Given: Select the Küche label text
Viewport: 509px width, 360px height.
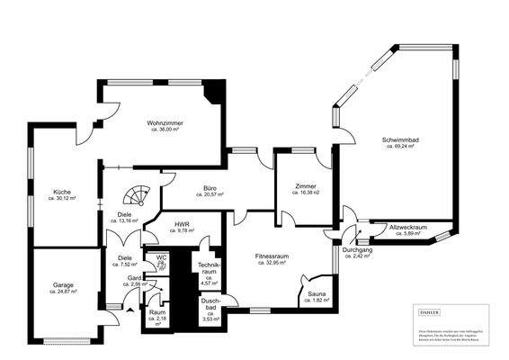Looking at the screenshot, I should click(x=62, y=192).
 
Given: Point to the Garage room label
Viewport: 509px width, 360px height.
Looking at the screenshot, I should click(x=62, y=285).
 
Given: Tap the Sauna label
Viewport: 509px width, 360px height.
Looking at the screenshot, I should click(x=317, y=293).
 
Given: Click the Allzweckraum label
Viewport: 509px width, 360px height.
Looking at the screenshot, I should click(x=407, y=227).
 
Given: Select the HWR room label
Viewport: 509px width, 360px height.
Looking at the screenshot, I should click(x=181, y=223).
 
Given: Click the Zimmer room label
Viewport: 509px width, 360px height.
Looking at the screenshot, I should click(x=306, y=186).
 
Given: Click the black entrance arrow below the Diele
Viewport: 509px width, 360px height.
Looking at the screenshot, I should click(x=127, y=312).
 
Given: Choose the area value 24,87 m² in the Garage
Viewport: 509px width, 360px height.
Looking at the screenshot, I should click(x=62, y=292).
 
